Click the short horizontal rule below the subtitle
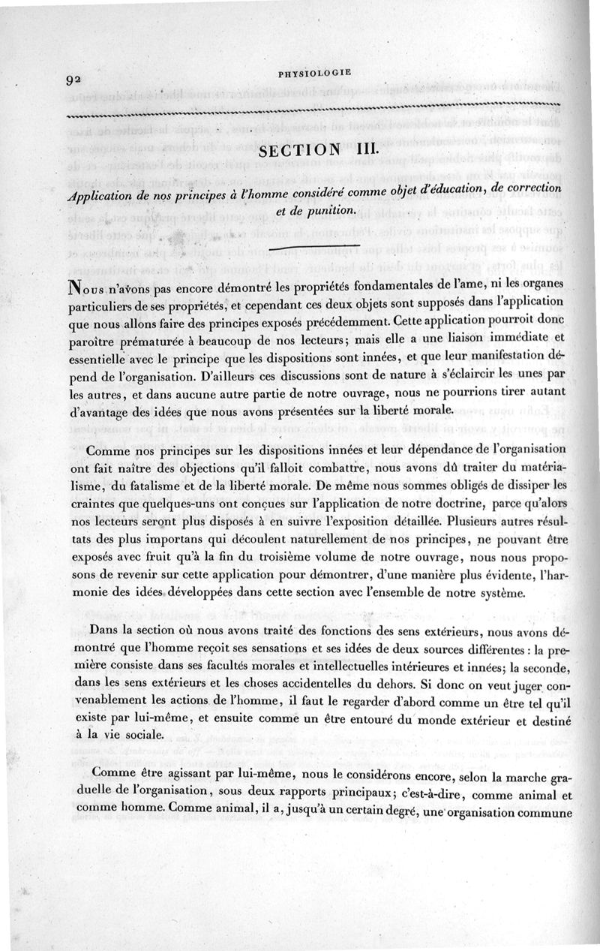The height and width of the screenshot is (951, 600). click(314, 245)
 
